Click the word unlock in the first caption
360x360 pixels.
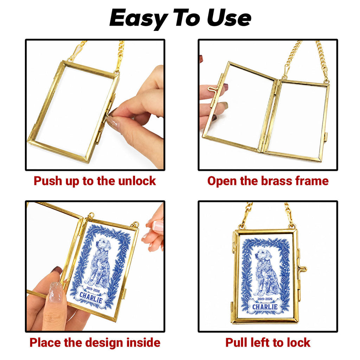click(137, 181)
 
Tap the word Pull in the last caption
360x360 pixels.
click(236, 342)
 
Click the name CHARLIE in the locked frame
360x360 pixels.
click(265, 307)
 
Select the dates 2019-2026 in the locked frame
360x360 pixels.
click(265, 299)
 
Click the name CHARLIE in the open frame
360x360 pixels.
click(91, 297)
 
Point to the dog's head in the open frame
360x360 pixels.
click(104, 245)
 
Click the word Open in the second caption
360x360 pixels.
click(222, 181)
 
